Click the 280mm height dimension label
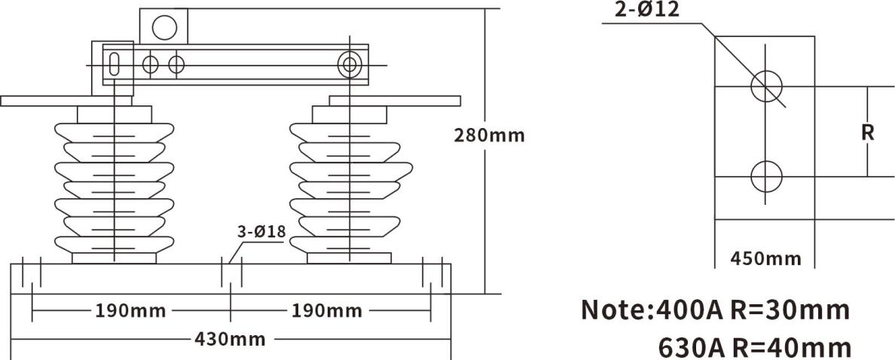tap(489, 136)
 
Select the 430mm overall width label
tap(230, 339)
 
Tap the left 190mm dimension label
tap(130, 310)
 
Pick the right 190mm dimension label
tap(327, 310)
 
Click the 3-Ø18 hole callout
tap(261, 231)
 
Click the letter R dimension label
tap(867, 133)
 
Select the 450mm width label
tap(766, 258)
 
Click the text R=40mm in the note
tap(792, 347)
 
